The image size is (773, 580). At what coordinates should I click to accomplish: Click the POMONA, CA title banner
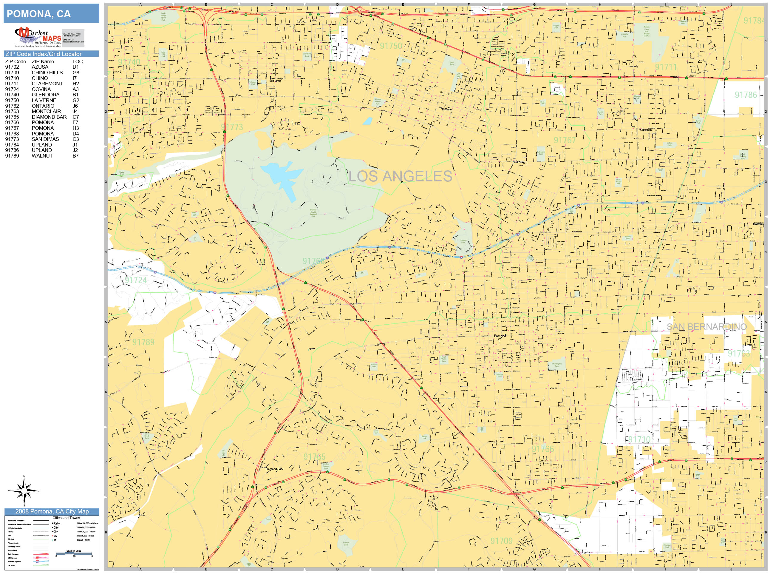(51, 14)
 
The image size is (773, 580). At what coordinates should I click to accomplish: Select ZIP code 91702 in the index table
(12, 67)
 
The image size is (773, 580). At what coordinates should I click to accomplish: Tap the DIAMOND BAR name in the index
(49, 117)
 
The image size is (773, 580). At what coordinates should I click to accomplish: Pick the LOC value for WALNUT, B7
(75, 155)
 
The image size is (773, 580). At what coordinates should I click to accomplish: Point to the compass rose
(24, 491)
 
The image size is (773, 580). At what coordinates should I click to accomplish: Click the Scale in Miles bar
(74, 553)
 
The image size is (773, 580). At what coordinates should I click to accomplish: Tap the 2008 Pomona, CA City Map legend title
(52, 511)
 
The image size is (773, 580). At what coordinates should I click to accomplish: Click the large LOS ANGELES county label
(400, 176)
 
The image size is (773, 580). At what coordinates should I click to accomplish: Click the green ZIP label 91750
(391, 46)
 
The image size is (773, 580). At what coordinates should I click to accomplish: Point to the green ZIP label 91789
(143, 342)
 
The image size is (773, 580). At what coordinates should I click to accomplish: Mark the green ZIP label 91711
(666, 67)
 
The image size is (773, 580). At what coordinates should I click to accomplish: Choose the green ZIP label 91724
(136, 280)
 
